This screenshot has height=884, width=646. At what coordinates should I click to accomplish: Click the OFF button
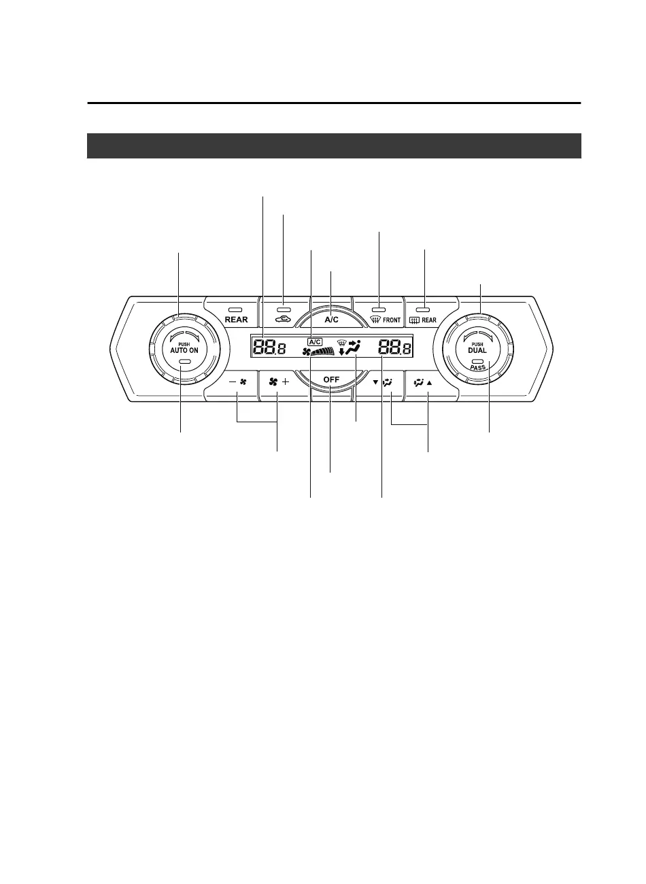pyautogui.click(x=331, y=388)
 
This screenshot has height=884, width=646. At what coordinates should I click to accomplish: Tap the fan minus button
pyautogui.click(x=237, y=382)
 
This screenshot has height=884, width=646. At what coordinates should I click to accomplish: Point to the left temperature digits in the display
pyautogui.click(x=269, y=349)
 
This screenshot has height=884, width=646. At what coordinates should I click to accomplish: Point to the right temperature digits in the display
pyautogui.click(x=395, y=349)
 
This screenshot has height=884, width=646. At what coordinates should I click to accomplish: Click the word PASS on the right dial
pyautogui.click(x=478, y=367)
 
